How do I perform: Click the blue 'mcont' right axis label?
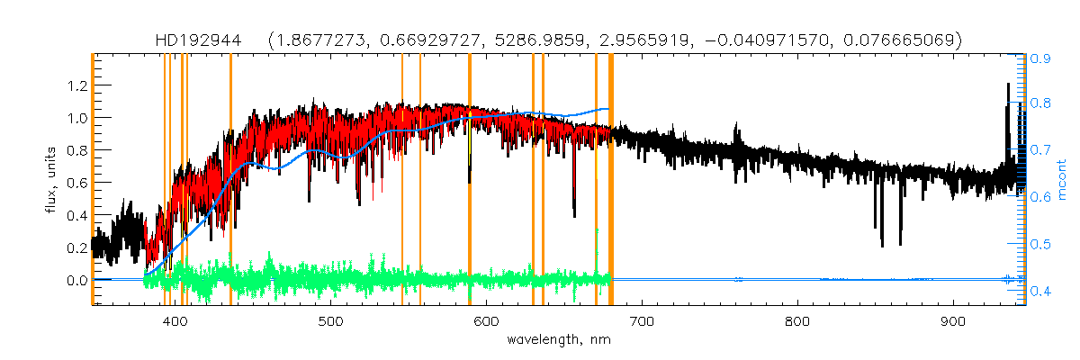(x=1061, y=179)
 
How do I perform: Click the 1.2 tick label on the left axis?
(x=73, y=85)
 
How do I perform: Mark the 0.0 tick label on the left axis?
(x=73, y=280)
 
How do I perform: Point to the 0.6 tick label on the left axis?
(x=73, y=183)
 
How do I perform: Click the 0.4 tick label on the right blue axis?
(x=1041, y=290)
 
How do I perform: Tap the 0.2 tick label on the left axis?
(x=73, y=247)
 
